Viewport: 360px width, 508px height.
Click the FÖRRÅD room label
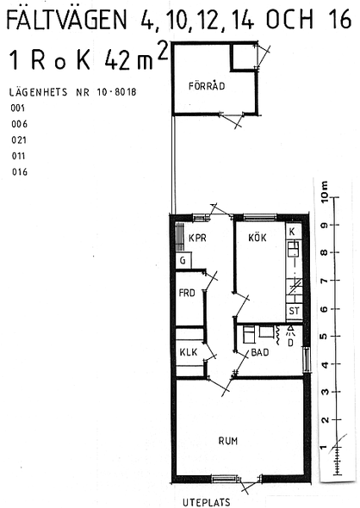point(207,86)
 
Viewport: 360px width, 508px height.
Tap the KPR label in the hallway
point(197,239)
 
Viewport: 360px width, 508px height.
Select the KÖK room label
point(258,237)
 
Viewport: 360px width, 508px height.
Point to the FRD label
point(187,293)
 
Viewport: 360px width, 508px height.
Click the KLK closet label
point(189,352)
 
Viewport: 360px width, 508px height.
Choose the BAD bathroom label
point(260,352)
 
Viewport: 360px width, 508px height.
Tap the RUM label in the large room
point(227,441)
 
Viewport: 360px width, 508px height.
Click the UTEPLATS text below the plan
point(207,503)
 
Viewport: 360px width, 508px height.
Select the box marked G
point(183,261)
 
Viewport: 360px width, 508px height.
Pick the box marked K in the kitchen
point(293,231)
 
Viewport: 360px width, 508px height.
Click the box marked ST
point(294,311)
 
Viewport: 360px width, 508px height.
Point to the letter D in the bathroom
point(290,343)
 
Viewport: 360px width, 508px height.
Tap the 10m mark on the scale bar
point(324,191)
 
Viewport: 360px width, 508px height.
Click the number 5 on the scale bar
point(323,337)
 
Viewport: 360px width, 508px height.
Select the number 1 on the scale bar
point(323,448)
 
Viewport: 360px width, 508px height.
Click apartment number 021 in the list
point(19,140)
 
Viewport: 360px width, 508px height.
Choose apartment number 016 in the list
point(20,171)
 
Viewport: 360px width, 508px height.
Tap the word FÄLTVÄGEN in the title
point(67,19)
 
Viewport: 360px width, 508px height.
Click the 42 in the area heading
point(117,60)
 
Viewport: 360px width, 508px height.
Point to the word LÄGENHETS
point(38,92)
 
